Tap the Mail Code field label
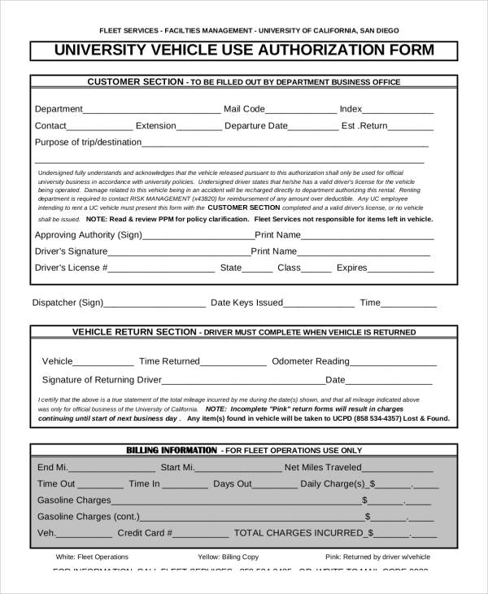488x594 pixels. point(244,108)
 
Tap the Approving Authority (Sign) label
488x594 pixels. point(88,235)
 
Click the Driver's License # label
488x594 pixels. point(72,267)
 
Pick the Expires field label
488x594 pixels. point(352,267)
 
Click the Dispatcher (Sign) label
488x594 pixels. point(68,303)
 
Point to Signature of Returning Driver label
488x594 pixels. point(101,379)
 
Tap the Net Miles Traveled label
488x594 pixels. point(323,468)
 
